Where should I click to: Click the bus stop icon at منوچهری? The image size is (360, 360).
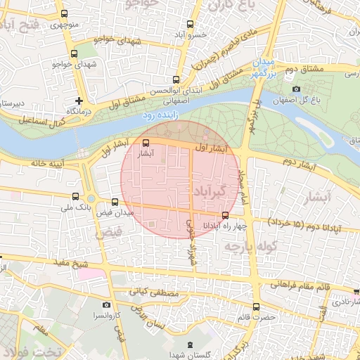[65, 13]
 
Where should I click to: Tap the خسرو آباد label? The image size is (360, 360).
[191, 34]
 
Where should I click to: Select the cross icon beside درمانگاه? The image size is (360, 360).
[79, 101]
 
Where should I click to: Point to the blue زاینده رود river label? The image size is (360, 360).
[161, 114]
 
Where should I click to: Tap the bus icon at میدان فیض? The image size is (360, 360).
[115, 202]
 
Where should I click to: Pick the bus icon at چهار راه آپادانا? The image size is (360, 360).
[225, 215]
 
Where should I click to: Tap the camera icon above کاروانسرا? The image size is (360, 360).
[106, 305]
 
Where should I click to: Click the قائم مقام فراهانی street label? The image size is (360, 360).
[304, 285]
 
